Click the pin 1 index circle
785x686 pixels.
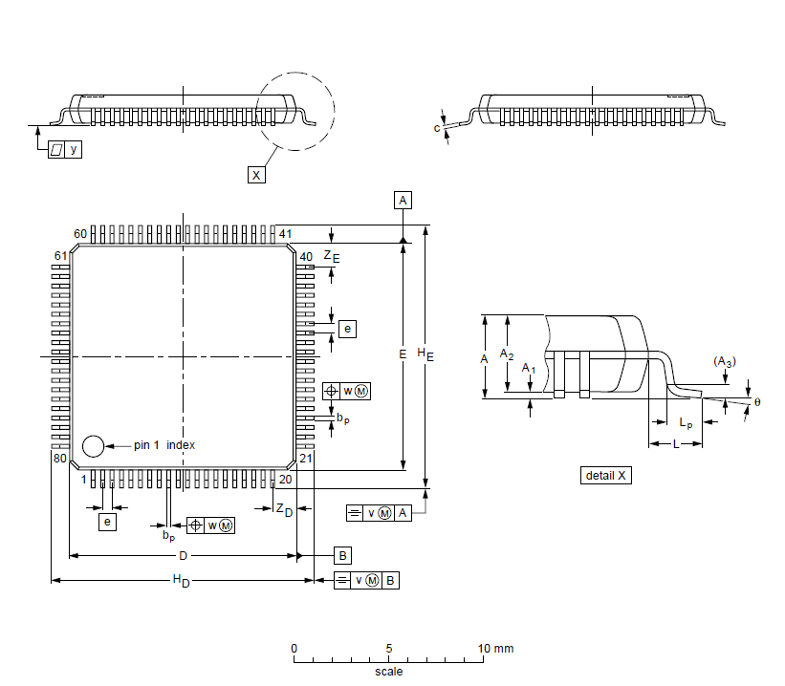click(x=93, y=445)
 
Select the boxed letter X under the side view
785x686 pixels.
click(x=255, y=175)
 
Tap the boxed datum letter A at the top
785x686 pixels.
click(x=403, y=200)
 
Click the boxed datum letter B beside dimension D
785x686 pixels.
click(x=342, y=555)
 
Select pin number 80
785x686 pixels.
click(x=60, y=460)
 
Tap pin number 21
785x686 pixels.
click(x=307, y=460)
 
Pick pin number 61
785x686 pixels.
click(x=60, y=256)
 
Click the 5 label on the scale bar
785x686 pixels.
click(x=389, y=649)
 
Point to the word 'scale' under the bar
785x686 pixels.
click(x=388, y=671)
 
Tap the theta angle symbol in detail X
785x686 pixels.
click(x=757, y=402)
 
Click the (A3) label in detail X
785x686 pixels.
click(x=725, y=361)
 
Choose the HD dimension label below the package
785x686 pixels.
click(x=181, y=582)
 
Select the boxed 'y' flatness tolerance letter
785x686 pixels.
click(x=74, y=150)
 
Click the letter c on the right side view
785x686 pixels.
click(x=437, y=127)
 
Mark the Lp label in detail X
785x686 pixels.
click(x=686, y=423)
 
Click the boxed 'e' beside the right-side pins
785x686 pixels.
click(x=347, y=329)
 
